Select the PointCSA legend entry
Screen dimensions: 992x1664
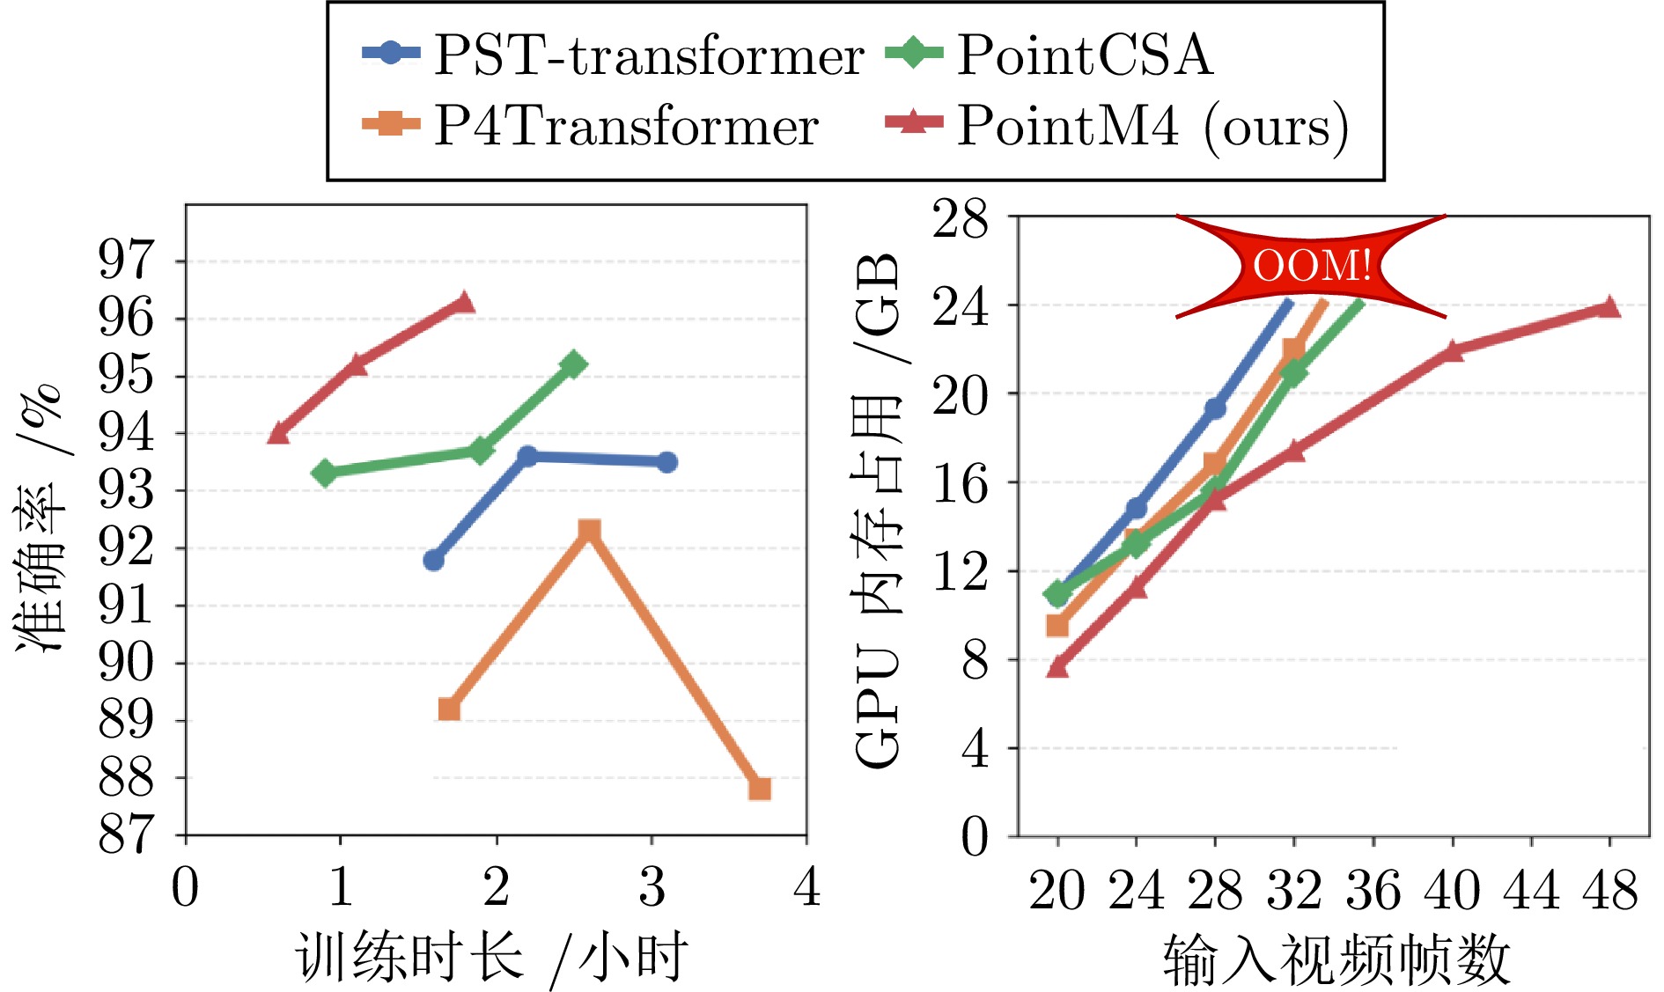pyautogui.click(x=1048, y=55)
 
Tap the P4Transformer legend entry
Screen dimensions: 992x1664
pyautogui.click(x=590, y=125)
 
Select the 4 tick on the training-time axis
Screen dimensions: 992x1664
pyautogui.click(x=806, y=885)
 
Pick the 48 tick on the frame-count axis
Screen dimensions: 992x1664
pyautogui.click(x=1609, y=891)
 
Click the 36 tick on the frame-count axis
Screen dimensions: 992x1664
pyautogui.click(x=1373, y=891)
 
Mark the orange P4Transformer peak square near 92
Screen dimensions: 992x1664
pyautogui.click(x=589, y=531)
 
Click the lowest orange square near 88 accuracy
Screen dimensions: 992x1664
pyautogui.click(x=759, y=789)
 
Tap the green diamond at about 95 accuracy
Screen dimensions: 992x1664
pyautogui.click(x=574, y=364)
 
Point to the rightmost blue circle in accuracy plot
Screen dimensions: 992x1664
pyautogui.click(x=667, y=462)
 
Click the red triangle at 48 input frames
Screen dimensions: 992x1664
pyautogui.click(x=1609, y=306)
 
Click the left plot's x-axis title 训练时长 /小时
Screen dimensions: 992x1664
pyautogui.click(x=491, y=958)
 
